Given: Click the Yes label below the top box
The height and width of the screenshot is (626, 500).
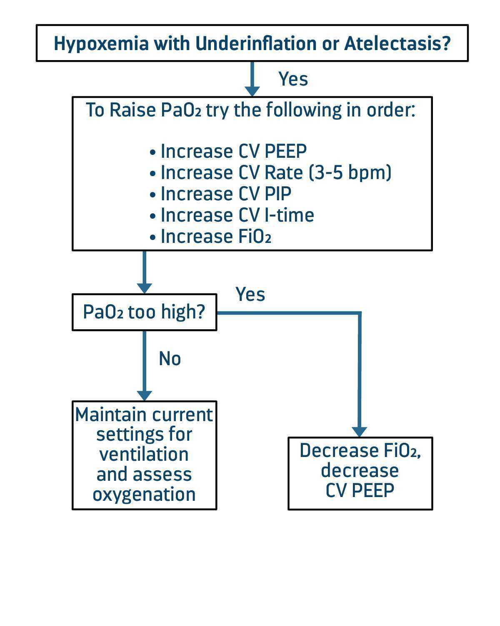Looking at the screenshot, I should (x=293, y=79).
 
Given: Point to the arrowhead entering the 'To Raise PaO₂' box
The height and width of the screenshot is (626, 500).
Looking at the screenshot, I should (x=252, y=91).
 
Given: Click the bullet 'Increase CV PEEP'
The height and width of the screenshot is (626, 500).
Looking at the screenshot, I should (x=233, y=151).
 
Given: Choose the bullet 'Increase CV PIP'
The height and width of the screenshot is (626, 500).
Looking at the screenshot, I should (x=226, y=194).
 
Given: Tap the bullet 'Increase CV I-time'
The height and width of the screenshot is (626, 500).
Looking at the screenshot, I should (x=237, y=215).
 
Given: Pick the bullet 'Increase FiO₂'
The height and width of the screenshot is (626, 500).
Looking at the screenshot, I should (x=216, y=236).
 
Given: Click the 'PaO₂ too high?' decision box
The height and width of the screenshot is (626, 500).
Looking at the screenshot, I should (x=144, y=312).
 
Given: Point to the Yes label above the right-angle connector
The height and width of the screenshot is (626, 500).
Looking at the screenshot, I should (x=250, y=294).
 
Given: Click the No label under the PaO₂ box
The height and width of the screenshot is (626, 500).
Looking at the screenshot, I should (x=170, y=359).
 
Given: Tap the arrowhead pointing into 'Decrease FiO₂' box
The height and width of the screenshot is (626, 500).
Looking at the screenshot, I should (x=359, y=432).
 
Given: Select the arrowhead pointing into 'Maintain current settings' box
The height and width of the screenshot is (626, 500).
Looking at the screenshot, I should (x=144, y=396).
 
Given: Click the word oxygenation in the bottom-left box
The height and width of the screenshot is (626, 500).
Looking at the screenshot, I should (x=144, y=494).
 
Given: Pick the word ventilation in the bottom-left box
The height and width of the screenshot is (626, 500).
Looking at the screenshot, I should (x=144, y=454).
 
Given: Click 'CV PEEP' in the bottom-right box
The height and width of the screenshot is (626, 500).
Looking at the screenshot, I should (x=360, y=490).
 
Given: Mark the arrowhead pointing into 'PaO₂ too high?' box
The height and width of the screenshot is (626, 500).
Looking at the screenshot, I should (x=144, y=288).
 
